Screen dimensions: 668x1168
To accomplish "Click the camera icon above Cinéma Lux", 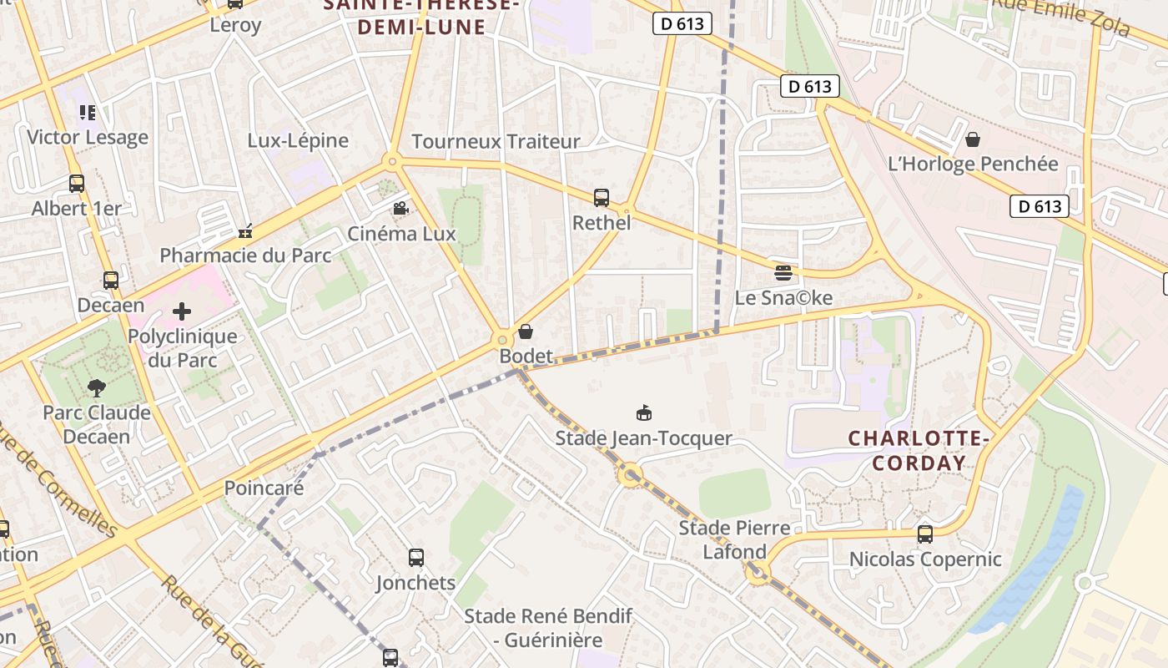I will pos(400,208).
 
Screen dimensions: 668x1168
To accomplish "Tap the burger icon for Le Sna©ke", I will pos(783,272).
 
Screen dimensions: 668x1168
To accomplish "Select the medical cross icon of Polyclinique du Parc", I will pos(182,311).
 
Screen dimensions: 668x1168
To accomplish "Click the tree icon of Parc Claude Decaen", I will pos(97,387).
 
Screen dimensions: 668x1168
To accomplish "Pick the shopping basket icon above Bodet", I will pos(526,331).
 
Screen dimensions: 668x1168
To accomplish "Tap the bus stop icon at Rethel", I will pos(602,198).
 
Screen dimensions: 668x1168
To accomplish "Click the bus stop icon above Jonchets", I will pos(415,557).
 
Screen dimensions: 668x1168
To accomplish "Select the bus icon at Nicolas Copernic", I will pos(924,534).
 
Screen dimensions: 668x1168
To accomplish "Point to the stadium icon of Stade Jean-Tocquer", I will pos(643,412).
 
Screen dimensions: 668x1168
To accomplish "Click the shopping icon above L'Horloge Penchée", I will pos(972,139).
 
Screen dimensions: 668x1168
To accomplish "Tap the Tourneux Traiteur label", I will pos(496,141).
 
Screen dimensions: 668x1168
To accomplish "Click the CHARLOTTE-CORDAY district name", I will pos(919,450).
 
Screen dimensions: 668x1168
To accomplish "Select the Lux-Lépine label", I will pos(298,140).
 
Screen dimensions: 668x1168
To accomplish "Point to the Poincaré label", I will pos(264,488).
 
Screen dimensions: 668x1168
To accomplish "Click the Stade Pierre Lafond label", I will pos(734,539).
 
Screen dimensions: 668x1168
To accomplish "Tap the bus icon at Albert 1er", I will pos(77,184).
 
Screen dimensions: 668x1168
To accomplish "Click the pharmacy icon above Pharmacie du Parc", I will pos(244,231).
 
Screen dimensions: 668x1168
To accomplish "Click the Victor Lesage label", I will pos(88,137).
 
